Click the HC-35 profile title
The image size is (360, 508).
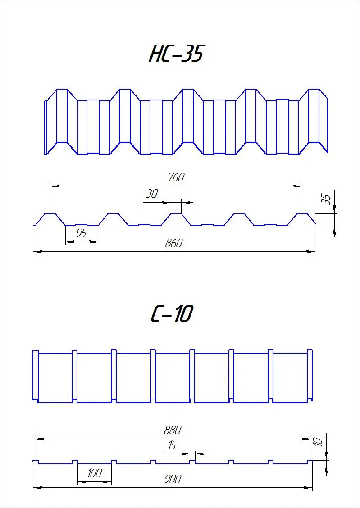tap(176, 54)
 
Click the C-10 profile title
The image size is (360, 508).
tap(172, 313)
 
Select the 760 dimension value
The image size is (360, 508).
tap(176, 177)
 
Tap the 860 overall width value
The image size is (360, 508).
tap(173, 243)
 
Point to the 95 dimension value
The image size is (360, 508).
tap(81, 233)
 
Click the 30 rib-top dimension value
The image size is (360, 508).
tap(151, 194)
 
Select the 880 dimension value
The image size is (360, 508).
tap(172, 431)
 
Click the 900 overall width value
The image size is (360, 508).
tap(173, 479)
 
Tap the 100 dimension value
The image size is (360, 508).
tap(94, 474)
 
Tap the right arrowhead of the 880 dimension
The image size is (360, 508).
tap(307, 439)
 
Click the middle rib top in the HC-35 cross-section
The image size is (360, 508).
tap(176, 213)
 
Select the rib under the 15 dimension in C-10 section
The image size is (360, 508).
tap(192, 461)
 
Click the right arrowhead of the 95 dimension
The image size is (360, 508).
tap(94, 242)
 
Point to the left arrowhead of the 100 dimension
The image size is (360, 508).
tap(82, 482)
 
